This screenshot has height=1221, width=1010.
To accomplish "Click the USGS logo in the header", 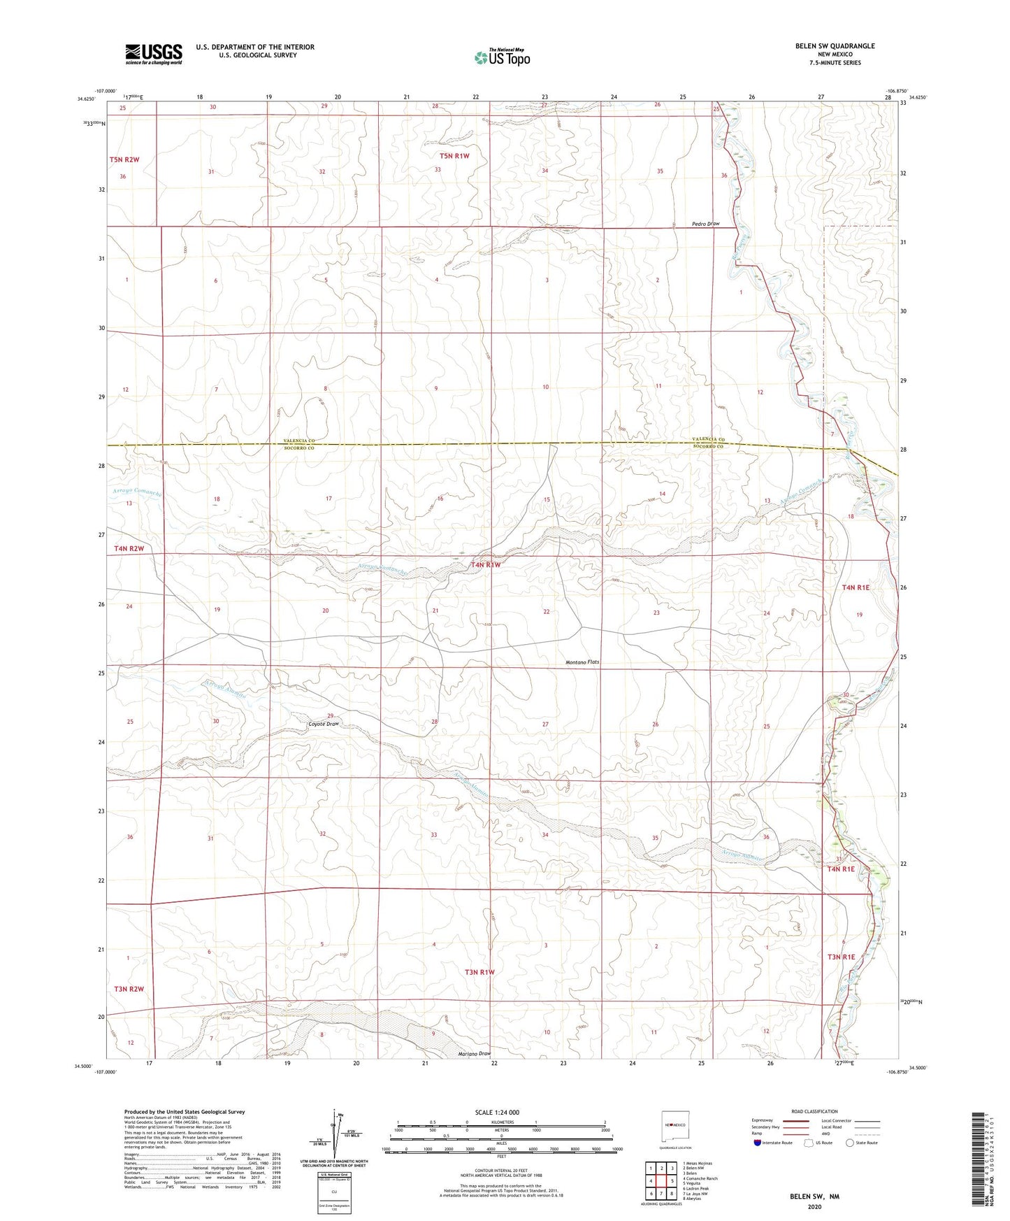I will click(x=154, y=53).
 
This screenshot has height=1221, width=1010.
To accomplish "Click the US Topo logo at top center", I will click(x=501, y=57).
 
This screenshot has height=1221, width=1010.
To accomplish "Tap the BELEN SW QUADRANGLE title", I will click(x=835, y=46).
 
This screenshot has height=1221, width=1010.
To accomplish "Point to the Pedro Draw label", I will click(x=705, y=224).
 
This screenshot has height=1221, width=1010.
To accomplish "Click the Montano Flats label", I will click(x=582, y=662).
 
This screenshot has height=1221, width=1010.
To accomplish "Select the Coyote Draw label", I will click(x=324, y=724).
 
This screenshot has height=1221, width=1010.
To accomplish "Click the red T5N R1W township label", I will click(x=454, y=156).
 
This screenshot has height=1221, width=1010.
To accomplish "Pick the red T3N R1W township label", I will click(x=479, y=972).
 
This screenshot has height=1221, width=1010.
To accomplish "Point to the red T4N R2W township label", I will click(x=129, y=548).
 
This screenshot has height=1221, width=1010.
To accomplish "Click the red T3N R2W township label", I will click(x=129, y=989).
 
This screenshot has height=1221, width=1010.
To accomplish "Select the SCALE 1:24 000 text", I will click(x=496, y=1113).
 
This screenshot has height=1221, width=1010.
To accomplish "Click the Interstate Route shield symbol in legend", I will click(x=758, y=1143).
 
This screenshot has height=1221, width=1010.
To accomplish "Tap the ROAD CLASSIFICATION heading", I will click(x=814, y=1111).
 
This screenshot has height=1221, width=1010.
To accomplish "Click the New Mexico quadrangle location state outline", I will click(x=674, y=1124).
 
